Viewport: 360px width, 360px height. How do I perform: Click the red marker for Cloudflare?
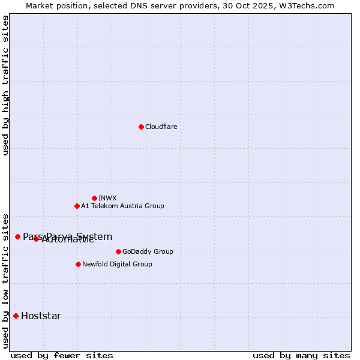[141, 127]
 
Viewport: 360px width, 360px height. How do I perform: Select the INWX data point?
[94, 198]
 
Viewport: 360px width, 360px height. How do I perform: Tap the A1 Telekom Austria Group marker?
[77, 206]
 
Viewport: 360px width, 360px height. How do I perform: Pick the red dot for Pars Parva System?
[17, 236]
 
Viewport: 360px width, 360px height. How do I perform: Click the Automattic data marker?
[36, 239]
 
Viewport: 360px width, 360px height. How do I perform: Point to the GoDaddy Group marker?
[118, 251]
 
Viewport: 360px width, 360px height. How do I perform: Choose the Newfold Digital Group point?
[78, 264]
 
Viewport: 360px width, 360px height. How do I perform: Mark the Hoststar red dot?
[16, 316]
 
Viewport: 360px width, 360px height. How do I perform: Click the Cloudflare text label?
[161, 127]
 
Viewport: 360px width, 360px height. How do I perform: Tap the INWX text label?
[107, 198]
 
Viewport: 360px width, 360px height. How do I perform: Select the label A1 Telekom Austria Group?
[122, 206]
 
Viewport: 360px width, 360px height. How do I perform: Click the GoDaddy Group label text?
[148, 251]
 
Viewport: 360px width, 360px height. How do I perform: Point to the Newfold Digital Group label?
[117, 264]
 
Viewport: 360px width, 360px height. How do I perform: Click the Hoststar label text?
[41, 316]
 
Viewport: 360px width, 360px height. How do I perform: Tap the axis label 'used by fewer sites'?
[62, 355]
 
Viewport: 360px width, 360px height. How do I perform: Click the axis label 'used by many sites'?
[301, 355]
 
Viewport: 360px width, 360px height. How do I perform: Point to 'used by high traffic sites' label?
[6, 85]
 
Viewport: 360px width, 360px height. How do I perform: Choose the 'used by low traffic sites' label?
[6, 281]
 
